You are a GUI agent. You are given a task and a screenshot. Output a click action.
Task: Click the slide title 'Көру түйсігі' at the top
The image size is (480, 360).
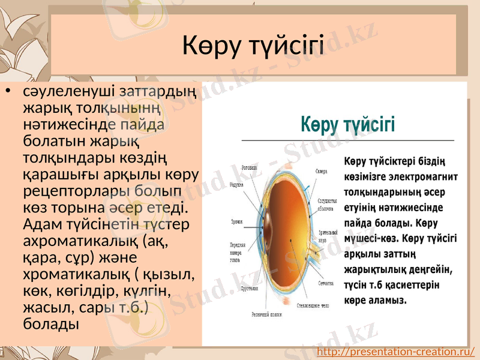pyautogui.click(x=253, y=46)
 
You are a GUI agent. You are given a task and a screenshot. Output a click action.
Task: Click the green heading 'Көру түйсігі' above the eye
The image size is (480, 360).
pyautogui.click(x=347, y=125)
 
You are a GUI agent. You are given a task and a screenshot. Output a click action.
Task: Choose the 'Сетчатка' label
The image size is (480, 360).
pyautogui.click(x=326, y=282)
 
